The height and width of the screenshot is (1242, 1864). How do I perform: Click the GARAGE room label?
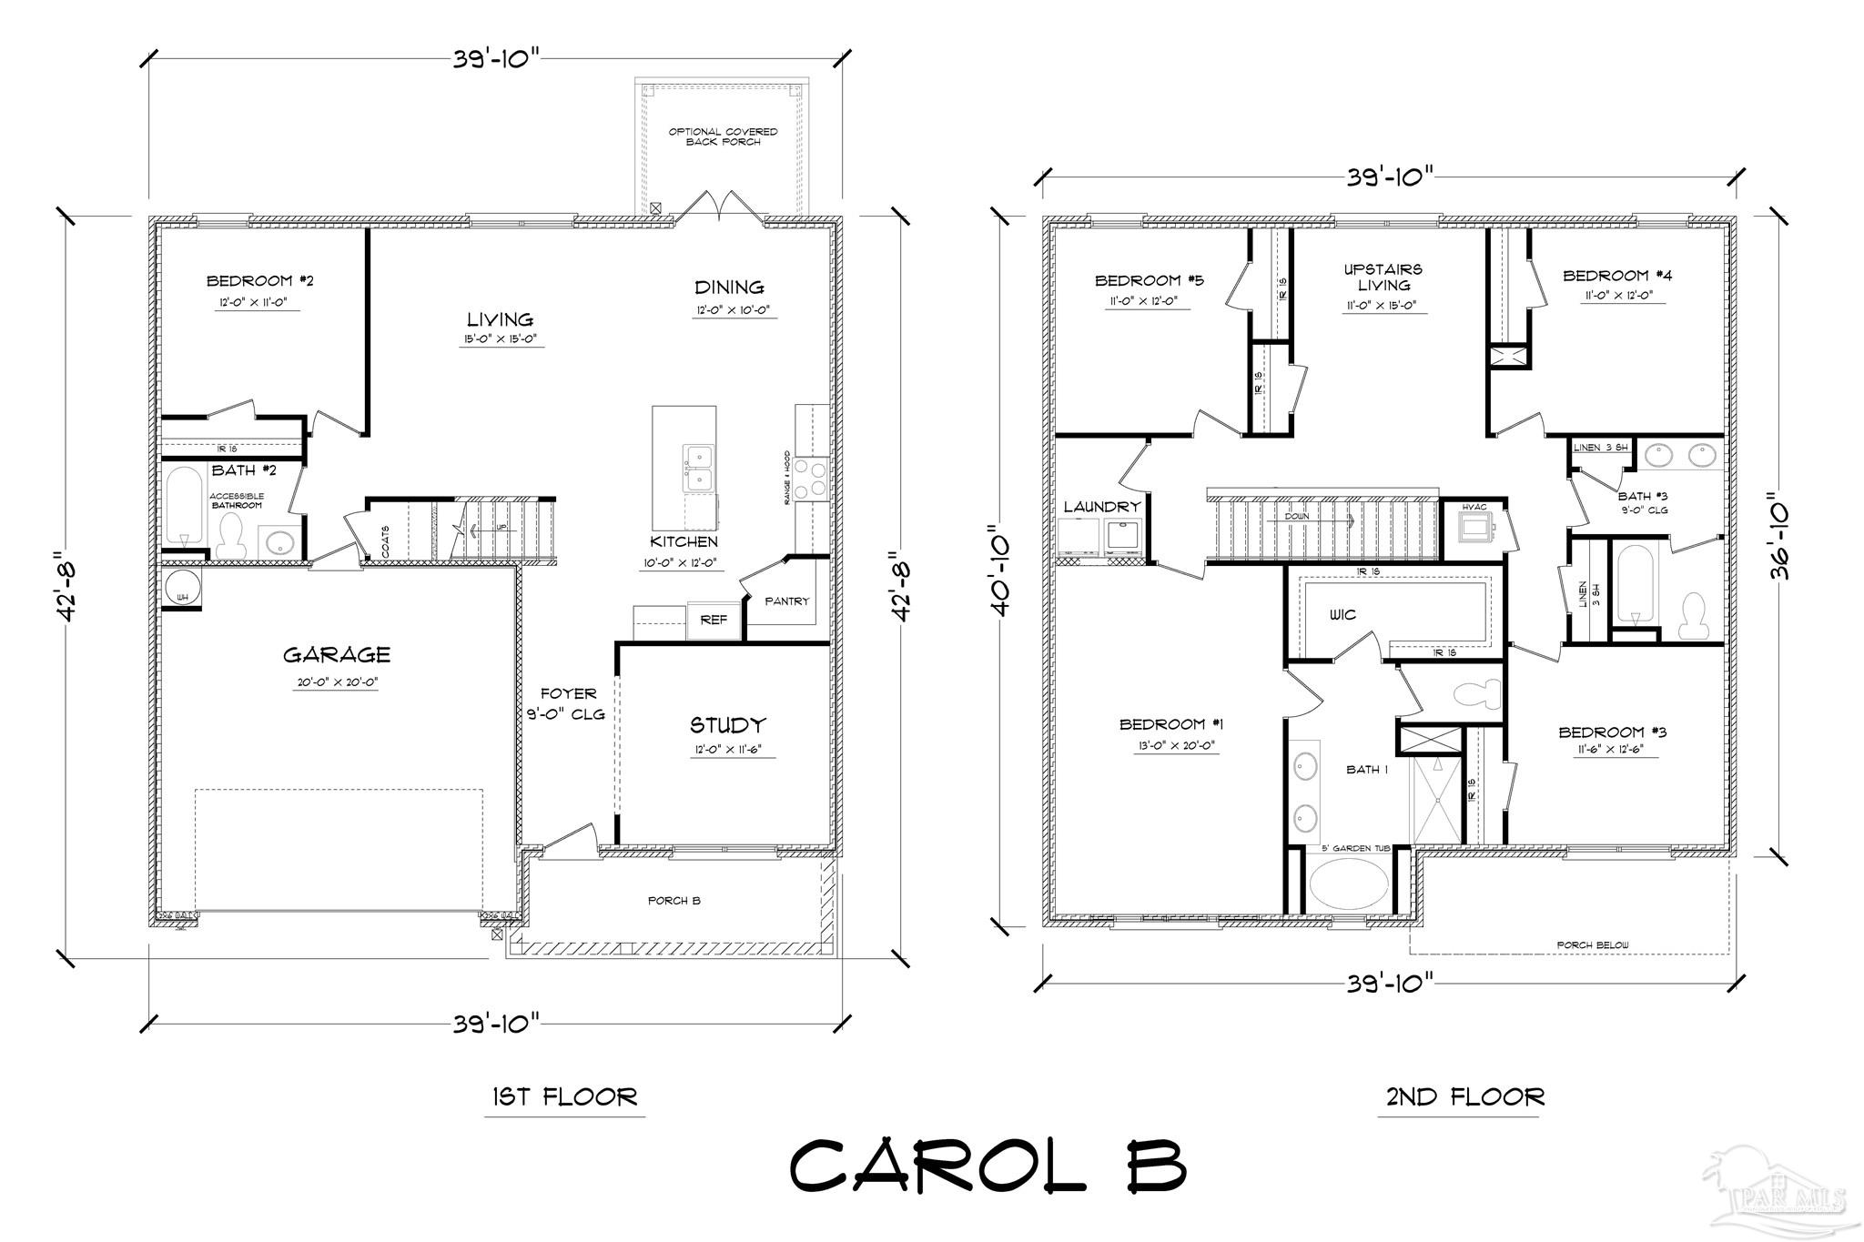[336, 654]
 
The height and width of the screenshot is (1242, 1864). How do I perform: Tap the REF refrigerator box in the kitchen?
[714, 620]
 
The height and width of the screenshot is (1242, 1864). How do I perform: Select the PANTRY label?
[786, 601]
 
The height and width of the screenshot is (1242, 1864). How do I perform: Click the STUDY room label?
[726, 725]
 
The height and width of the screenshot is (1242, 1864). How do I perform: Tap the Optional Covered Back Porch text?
[723, 136]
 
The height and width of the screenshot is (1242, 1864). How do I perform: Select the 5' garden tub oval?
[1349, 884]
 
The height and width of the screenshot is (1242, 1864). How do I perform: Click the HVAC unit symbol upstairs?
[1474, 527]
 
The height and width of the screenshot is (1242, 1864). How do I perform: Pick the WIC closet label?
[1342, 615]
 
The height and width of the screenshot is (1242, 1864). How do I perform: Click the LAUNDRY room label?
[1101, 507]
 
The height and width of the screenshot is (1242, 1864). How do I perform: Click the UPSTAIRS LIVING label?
[1383, 278]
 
